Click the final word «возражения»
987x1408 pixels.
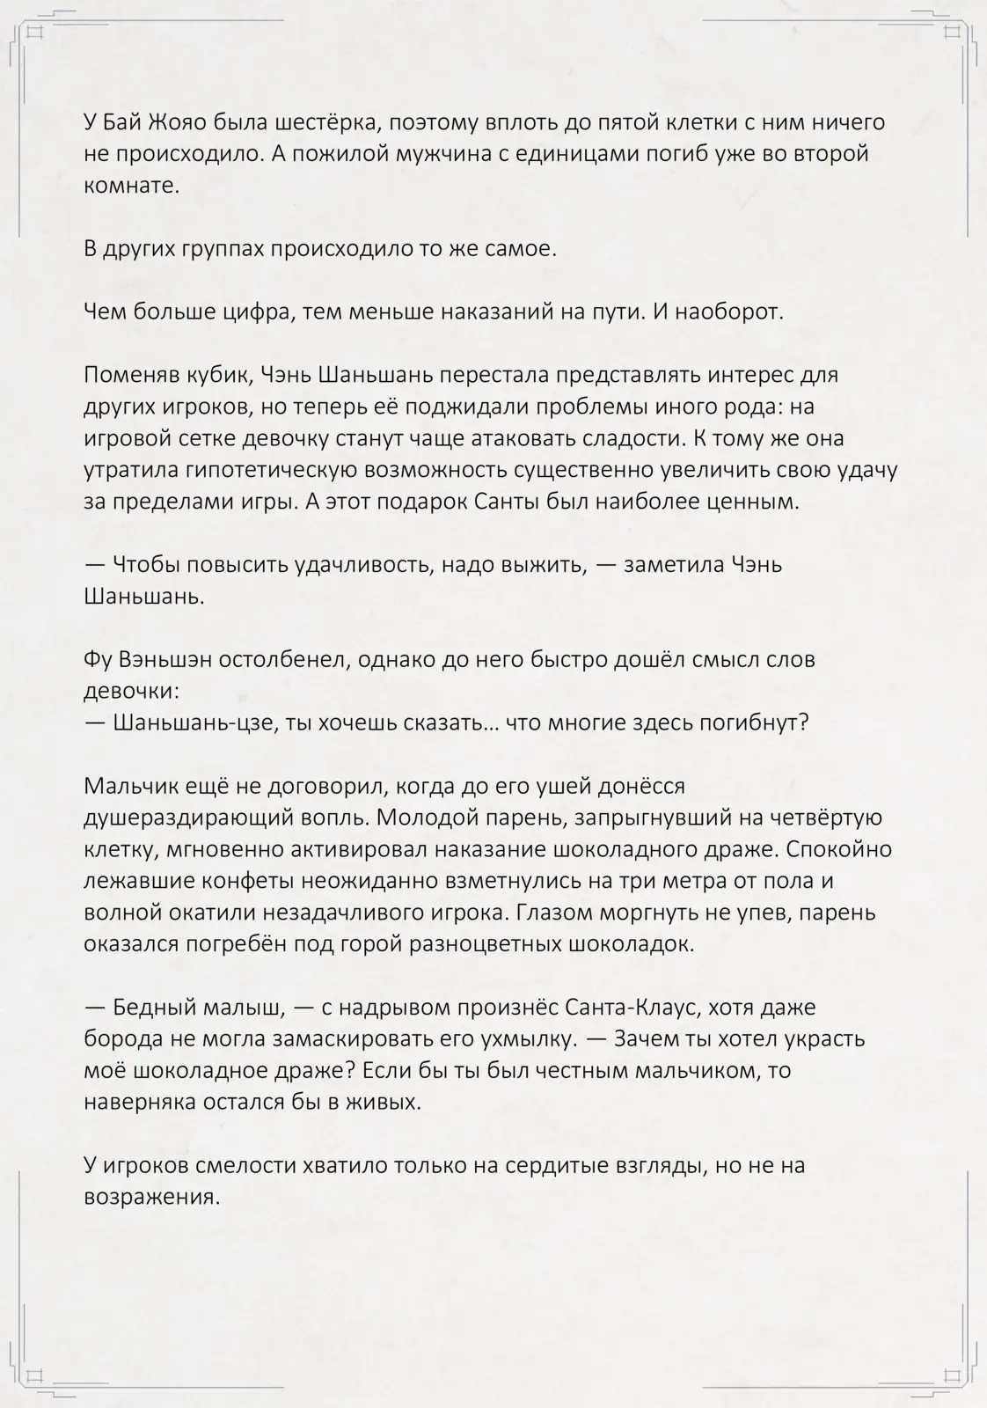pos(150,1198)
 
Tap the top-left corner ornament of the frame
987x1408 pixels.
pos(35,34)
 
